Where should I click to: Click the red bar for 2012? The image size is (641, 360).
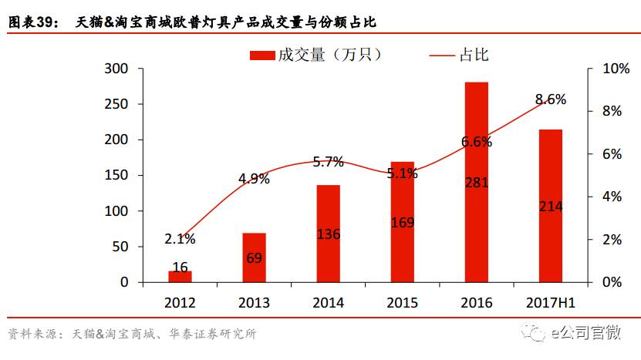tap(180, 276)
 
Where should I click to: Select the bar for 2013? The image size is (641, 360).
tap(254, 257)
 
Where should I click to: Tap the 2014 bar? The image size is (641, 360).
tap(328, 234)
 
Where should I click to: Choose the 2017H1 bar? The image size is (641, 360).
tap(550, 206)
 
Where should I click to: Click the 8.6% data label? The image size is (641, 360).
tap(551, 99)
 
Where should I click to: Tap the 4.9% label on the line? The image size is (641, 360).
tap(254, 179)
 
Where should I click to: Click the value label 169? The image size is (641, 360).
tap(402, 223)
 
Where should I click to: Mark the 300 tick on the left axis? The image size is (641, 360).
tap(116, 69)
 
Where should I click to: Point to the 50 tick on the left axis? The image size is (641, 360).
tap(120, 247)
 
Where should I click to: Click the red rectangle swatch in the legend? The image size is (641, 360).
tap(262, 54)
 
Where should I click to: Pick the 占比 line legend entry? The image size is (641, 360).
tap(458, 54)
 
